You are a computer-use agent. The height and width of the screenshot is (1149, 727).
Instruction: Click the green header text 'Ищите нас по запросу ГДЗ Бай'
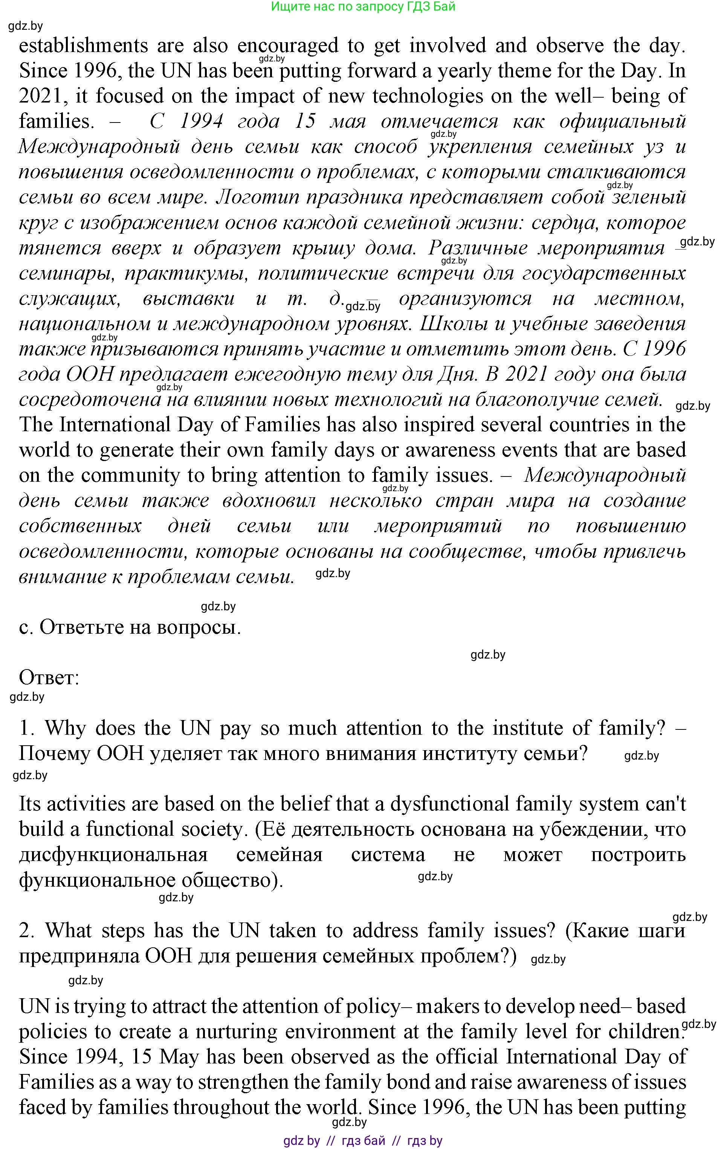(363, 7)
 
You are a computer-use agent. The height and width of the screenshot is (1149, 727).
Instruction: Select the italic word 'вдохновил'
(269, 501)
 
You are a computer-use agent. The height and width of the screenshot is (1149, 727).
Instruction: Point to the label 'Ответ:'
(49, 677)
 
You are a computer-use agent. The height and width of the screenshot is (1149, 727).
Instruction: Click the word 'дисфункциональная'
(113, 855)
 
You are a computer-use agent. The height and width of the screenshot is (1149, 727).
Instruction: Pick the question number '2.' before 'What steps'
(27, 930)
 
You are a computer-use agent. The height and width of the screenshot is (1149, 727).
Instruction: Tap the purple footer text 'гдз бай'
(363, 1141)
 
